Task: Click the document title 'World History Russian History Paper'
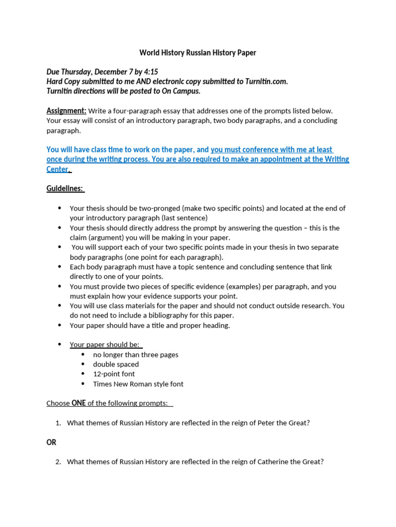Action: (197, 53)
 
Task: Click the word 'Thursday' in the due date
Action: (77, 72)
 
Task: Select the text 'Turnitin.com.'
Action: (265, 81)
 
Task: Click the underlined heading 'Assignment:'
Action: (66, 111)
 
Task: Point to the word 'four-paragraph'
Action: (136, 111)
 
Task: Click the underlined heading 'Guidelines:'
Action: (65, 188)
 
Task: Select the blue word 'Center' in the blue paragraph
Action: (58, 169)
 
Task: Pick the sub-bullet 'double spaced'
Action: (116, 364)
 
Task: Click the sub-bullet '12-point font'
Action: (114, 374)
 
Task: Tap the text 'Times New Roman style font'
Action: (138, 384)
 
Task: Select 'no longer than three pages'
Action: (136, 355)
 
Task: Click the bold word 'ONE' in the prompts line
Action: (78, 403)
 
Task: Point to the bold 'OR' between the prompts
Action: (52, 442)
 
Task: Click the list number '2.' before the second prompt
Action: (58, 462)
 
